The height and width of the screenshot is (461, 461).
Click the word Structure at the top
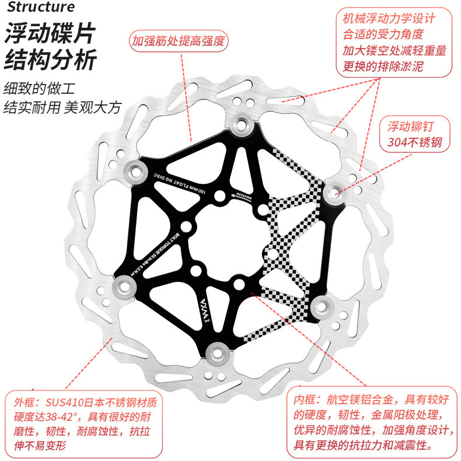[x=41, y=7]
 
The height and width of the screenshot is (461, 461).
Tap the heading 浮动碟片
[x=49, y=34]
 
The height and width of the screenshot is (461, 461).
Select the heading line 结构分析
[x=49, y=60]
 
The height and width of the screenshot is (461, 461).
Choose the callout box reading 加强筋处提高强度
[x=178, y=41]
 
